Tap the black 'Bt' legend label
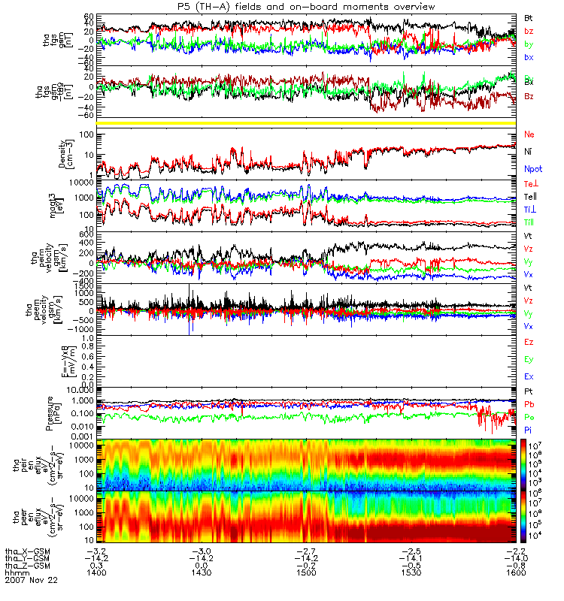pyautogui.click(x=529, y=17)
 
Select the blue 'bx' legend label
pyautogui.click(x=529, y=57)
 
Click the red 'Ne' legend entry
pyautogui.click(x=529, y=134)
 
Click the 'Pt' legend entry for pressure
pyautogui.click(x=529, y=393)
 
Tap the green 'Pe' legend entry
pyautogui.click(x=529, y=415)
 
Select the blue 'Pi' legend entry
pyautogui.click(x=529, y=429)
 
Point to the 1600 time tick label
pyautogui.click(x=514, y=572)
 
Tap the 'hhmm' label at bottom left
pyautogui.click(x=14, y=572)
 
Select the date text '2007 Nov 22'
pyautogui.click(x=28, y=580)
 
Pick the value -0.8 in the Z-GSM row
pyautogui.click(x=514, y=565)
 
